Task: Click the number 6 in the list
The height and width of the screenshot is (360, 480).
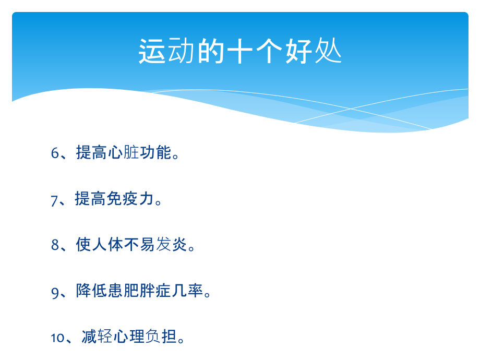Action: click(55, 153)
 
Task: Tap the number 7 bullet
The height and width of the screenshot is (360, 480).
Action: click(55, 199)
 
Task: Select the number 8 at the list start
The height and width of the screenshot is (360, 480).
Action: click(55, 245)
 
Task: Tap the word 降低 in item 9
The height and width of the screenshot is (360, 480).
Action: click(92, 291)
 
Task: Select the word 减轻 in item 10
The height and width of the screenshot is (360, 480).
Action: click(98, 337)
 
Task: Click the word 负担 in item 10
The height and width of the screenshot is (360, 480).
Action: click(162, 337)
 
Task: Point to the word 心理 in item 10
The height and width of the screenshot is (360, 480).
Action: click(129, 337)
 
